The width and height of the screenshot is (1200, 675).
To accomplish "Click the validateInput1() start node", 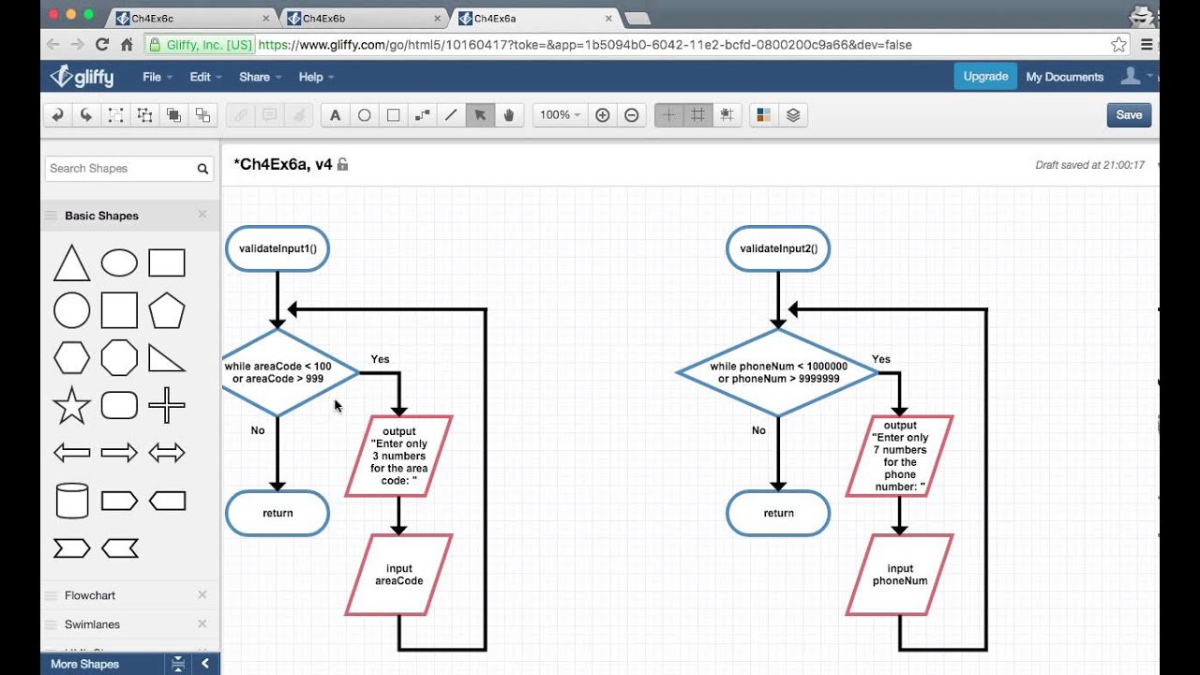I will [277, 249].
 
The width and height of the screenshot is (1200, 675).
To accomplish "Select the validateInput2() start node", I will [778, 249].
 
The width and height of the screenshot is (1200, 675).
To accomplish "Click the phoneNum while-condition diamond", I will [778, 373].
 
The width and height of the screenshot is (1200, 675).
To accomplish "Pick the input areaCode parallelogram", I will [398, 575].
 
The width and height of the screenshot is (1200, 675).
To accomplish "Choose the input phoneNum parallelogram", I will [899, 575].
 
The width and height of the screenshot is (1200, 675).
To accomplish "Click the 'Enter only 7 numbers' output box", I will [899, 456].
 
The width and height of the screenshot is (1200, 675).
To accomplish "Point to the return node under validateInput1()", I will [277, 514].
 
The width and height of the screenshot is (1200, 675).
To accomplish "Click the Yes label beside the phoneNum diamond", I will [880, 359].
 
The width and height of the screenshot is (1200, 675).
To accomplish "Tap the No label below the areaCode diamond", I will [258, 430].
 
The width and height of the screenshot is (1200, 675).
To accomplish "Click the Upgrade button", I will [985, 77].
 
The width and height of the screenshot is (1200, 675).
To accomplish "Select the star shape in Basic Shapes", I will [72, 406].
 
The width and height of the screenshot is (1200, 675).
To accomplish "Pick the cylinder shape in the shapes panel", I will [72, 501].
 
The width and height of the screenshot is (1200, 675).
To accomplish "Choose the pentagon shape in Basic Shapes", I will [167, 310].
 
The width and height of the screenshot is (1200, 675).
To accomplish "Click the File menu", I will [152, 77].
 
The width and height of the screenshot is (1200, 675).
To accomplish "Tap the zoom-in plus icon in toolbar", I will [603, 115].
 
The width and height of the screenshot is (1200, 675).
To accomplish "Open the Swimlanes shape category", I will [92, 624].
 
